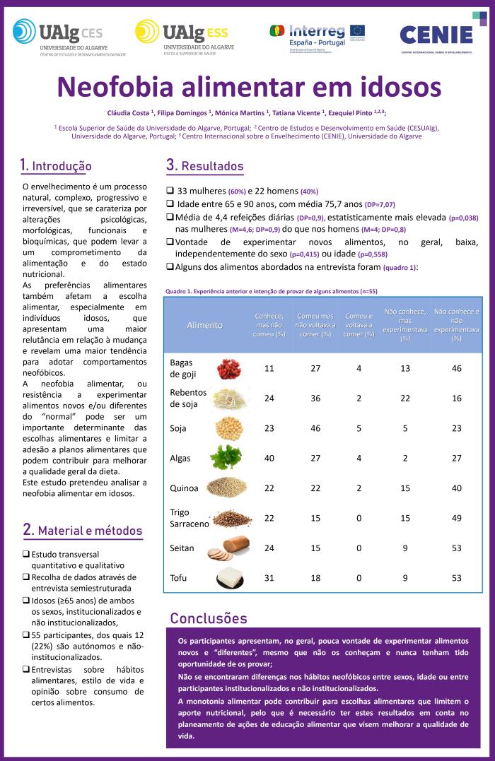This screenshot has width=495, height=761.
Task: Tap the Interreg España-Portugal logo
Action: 317,34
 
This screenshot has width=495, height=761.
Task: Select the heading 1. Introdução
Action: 56,166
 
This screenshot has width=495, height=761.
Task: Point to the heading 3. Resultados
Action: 204,166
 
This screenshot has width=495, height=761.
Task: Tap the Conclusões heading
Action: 209,618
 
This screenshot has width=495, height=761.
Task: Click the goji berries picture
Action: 228,368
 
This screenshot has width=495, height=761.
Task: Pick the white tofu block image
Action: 235,577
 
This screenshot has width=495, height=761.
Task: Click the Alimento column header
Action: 204,325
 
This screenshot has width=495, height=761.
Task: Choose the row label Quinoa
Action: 184,488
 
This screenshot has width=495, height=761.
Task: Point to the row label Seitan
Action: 182,548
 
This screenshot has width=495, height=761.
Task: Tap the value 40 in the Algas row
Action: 269,458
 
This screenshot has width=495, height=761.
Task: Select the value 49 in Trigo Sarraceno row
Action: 456,518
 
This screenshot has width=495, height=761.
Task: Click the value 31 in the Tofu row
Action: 269,577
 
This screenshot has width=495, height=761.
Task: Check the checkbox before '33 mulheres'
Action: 170,191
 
